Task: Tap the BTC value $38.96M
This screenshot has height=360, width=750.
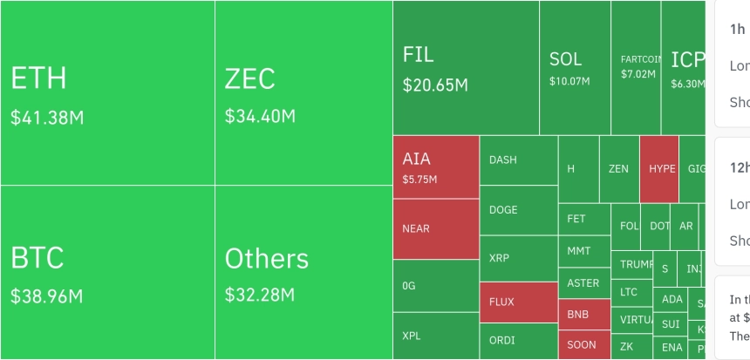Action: click(47, 296)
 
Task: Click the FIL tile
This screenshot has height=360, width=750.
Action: click(465, 67)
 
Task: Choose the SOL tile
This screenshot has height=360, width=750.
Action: click(574, 67)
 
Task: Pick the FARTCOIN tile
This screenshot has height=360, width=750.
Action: click(636, 66)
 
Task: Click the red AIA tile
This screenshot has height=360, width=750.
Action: click(435, 167)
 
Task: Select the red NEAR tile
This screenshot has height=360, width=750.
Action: click(435, 229)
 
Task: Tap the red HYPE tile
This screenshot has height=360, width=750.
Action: click(659, 168)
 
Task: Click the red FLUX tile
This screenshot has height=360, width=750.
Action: click(518, 302)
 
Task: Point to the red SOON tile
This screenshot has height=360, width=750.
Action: click(583, 344)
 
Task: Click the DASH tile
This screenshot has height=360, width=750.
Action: click(518, 160)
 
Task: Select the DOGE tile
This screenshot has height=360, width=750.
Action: click(518, 210)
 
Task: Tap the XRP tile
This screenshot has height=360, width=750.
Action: click(518, 259)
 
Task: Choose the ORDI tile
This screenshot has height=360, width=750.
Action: click(518, 341)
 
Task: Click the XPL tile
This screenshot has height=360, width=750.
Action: click(435, 336)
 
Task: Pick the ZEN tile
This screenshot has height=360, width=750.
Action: click(618, 169)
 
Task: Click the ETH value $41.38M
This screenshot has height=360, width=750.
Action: click(47, 117)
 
